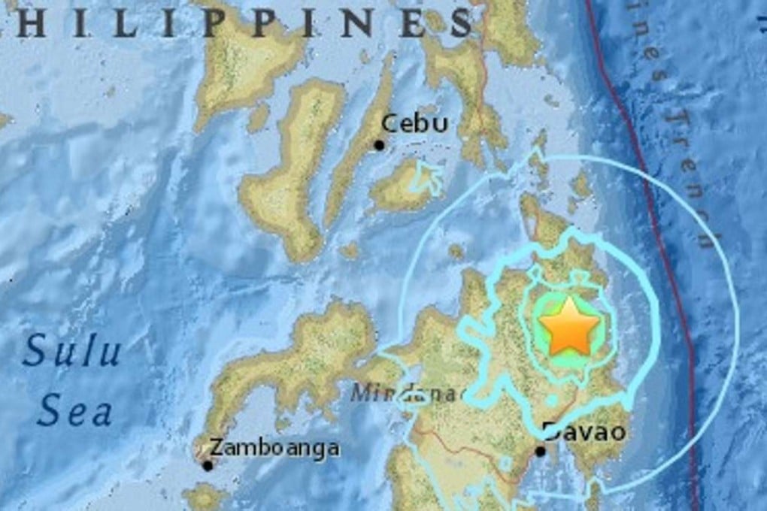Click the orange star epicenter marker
click(x=568, y=326)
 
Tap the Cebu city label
click(x=414, y=123)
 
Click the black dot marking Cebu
click(x=380, y=145)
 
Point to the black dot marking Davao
click(x=540, y=452)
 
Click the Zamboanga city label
click(x=274, y=449)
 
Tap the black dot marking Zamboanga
click(x=208, y=465)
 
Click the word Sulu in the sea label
click(x=71, y=352)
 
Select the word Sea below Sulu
click(x=75, y=413)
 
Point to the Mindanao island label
click(x=410, y=393)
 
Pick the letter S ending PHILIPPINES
click(x=459, y=23)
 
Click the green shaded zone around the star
click(x=543, y=353)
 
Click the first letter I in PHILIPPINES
click(x=88, y=23)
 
